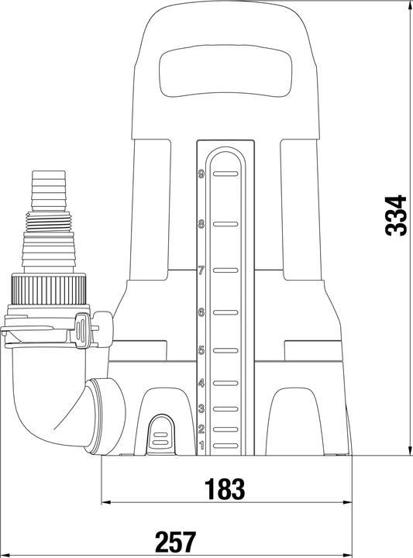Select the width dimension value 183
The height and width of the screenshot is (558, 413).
pyautogui.click(x=225, y=489)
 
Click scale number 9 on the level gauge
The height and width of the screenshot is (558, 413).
pyautogui.click(x=201, y=175)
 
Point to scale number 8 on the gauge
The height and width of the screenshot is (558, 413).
pyautogui.click(x=201, y=225)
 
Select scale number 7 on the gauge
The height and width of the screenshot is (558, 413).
pyautogui.click(x=201, y=271)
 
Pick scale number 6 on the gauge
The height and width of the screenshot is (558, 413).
pyautogui.click(x=201, y=313)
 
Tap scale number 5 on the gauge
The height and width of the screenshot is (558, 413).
pyautogui.click(x=201, y=350)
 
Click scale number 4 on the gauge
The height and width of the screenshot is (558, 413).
pyautogui.click(x=201, y=384)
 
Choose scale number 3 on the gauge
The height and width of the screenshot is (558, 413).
pyautogui.click(x=201, y=408)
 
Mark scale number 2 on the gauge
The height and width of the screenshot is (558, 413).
pyautogui.click(x=201, y=429)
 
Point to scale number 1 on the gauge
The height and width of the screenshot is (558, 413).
pyautogui.click(x=201, y=445)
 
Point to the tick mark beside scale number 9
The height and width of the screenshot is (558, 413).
pyautogui.click(x=224, y=175)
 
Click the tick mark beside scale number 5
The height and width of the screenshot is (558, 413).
pyautogui.click(x=224, y=350)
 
